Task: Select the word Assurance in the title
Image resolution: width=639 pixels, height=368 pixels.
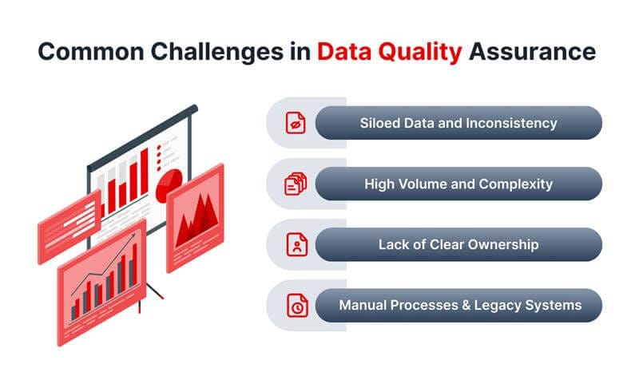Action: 532,51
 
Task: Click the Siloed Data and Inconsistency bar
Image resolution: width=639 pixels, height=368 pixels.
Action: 458,124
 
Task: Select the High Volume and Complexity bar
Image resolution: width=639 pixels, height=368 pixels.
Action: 458,184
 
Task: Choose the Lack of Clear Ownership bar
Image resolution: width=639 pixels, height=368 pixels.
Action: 458,245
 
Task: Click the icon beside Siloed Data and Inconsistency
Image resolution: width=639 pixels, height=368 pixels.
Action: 296,124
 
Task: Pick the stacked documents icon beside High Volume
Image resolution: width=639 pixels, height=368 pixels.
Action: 296,184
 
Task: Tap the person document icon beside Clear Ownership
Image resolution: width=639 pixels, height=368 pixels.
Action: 296,245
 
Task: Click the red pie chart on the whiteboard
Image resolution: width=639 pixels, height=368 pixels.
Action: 171,186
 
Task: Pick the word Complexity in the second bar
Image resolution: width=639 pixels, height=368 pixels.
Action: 514,184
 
